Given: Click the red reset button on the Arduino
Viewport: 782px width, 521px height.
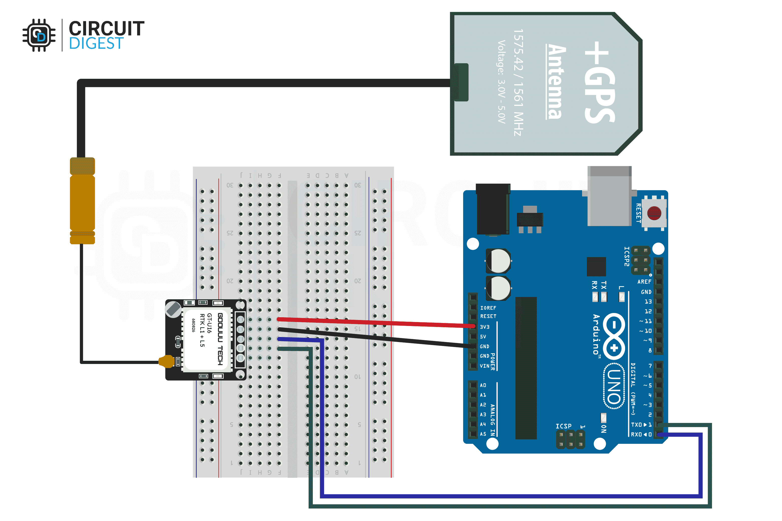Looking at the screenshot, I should [x=654, y=213].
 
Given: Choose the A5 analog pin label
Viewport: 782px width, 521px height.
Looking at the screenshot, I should [x=483, y=434].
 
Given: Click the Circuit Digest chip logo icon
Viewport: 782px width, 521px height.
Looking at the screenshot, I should [x=39, y=35].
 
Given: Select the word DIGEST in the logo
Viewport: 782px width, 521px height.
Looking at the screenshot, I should [x=96, y=43].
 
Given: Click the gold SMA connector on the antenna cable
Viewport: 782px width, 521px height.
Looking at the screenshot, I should [x=82, y=201].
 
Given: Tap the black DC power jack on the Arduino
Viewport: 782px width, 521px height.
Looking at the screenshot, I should [x=493, y=209].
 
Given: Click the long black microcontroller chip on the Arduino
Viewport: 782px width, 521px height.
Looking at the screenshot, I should [x=526, y=368].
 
